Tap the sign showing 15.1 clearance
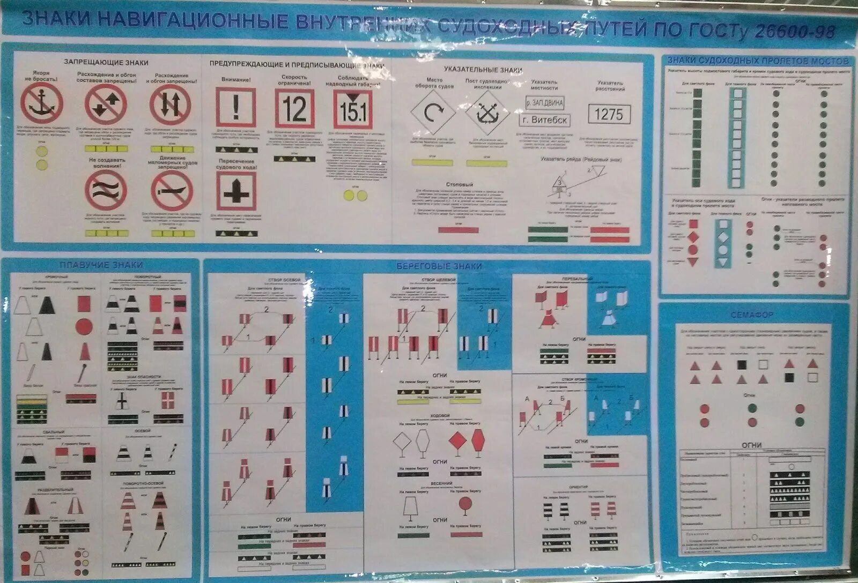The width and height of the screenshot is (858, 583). (x=352, y=109)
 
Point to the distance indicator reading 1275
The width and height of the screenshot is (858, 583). (x=609, y=114)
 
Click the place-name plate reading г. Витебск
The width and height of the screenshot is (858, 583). (x=544, y=120)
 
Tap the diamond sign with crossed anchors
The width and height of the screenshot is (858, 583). (x=486, y=113)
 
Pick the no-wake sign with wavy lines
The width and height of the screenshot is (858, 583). (x=106, y=190)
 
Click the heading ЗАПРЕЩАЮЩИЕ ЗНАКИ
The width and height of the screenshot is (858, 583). (x=106, y=63)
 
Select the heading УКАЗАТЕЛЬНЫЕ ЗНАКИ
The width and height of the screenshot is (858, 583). (x=483, y=70)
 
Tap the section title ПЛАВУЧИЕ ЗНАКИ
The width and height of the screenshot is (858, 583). (x=101, y=265)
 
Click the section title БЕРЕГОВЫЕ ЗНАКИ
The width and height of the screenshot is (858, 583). (x=439, y=266)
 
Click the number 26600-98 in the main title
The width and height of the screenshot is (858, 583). (x=795, y=31)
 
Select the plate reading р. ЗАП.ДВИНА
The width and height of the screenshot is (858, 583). (x=544, y=102)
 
